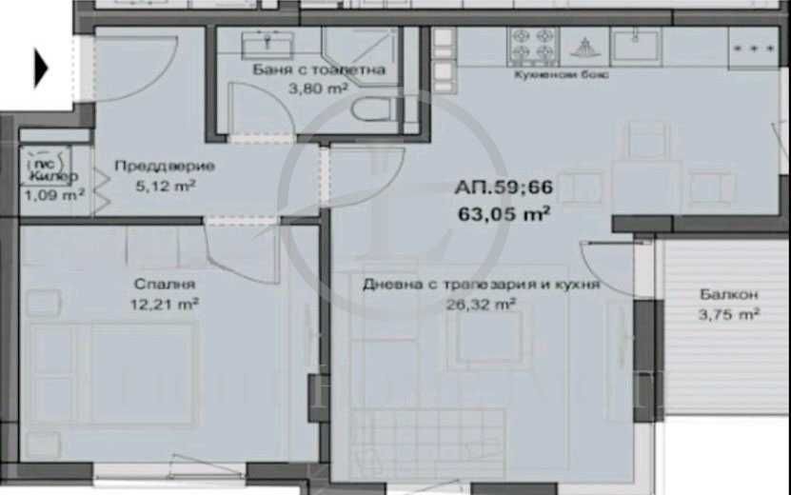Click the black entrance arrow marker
click(x=41, y=68)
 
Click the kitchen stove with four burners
click(x=533, y=44)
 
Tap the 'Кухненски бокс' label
click(x=562, y=74)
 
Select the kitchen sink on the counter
click(x=636, y=44)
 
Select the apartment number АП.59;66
click(x=504, y=188)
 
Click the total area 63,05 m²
click(x=504, y=213)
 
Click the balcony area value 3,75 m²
click(x=728, y=314)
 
